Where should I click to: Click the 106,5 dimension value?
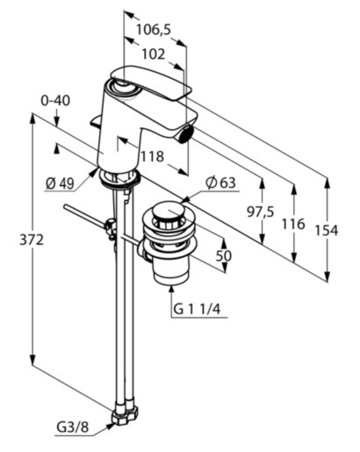click(x=154, y=30)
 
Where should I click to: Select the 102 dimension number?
click(x=154, y=54)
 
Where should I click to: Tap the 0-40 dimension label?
click(x=55, y=101)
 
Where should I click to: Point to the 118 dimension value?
click(x=152, y=156)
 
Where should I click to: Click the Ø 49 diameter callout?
click(x=60, y=183)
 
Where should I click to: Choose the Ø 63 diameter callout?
click(x=220, y=183)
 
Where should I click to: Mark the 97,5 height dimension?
click(x=261, y=212)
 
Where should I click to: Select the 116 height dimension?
click(x=293, y=224)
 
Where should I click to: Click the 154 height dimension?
click(x=327, y=231)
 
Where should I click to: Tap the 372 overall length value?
click(x=32, y=240)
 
